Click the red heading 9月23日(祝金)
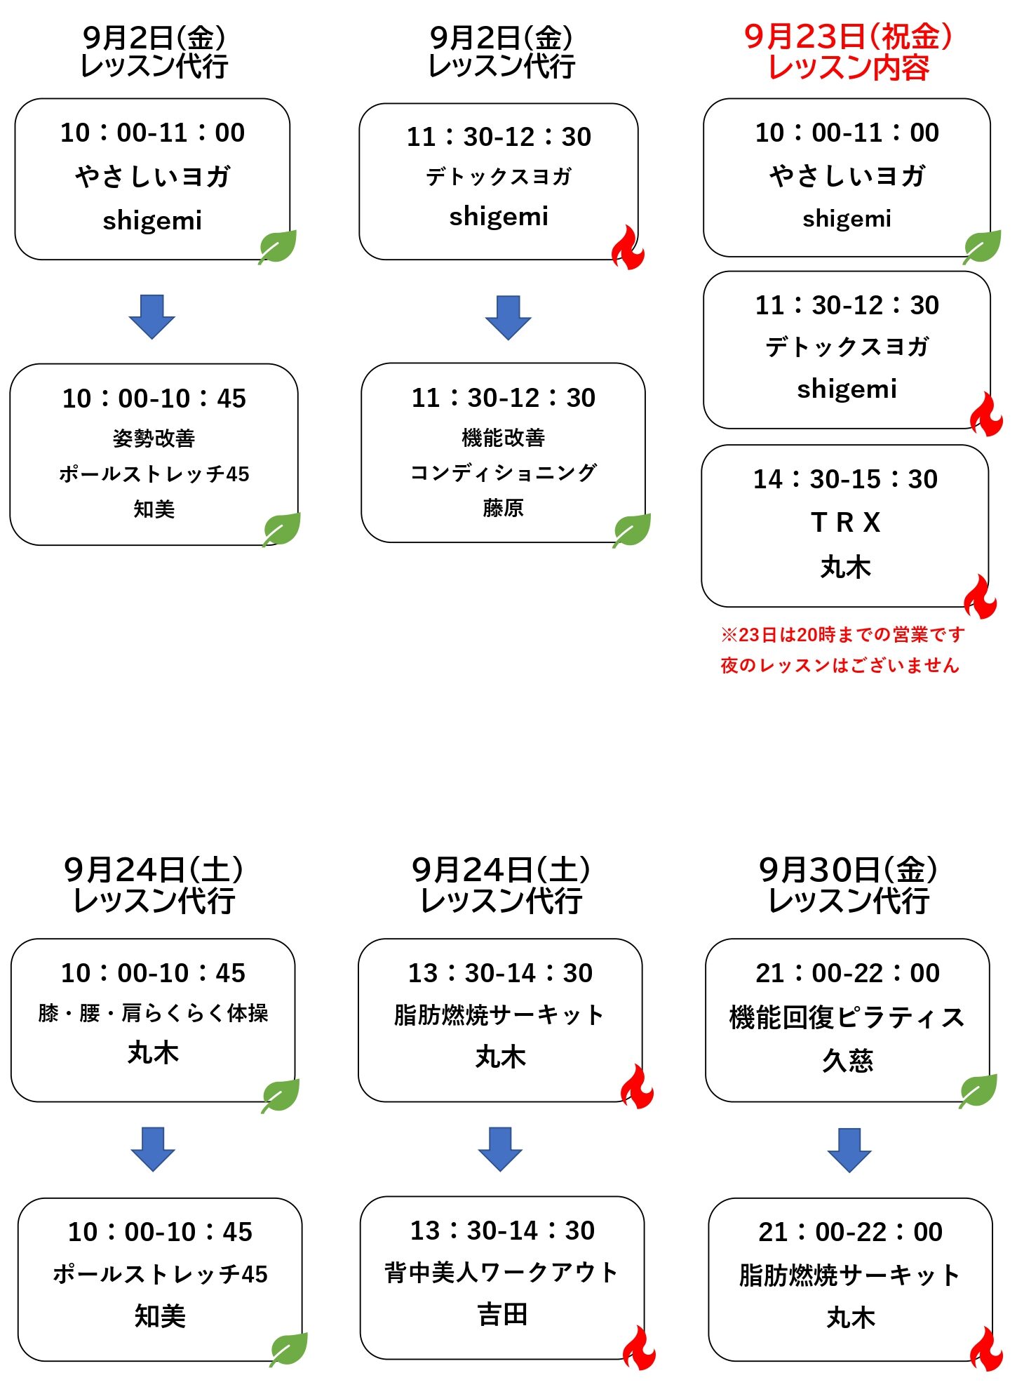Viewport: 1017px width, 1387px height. [848, 36]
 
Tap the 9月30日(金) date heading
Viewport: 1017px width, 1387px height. [848, 870]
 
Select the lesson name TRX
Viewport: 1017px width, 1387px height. [845, 523]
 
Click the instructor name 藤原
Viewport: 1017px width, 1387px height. [503, 507]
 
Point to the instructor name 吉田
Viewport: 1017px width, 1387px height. [502, 1314]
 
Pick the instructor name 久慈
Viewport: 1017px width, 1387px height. [847, 1060]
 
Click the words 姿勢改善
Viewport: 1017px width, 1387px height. [154, 438]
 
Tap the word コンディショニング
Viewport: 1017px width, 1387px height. [504, 473]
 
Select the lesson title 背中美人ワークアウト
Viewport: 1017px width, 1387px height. [501, 1272]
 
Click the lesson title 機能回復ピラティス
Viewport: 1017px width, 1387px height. [847, 1017]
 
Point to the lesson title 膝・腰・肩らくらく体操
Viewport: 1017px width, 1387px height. [153, 1013]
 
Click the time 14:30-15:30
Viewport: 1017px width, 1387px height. [845, 479]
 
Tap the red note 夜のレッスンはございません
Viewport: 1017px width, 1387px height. [840, 665]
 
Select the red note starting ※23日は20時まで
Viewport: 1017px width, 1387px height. [842, 635]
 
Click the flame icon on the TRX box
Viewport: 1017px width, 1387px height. [980, 596]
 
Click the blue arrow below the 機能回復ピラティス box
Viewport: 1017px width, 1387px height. [849, 1150]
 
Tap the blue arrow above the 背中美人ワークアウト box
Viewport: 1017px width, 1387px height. [500, 1149]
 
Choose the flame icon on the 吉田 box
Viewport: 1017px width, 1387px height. [639, 1348]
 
